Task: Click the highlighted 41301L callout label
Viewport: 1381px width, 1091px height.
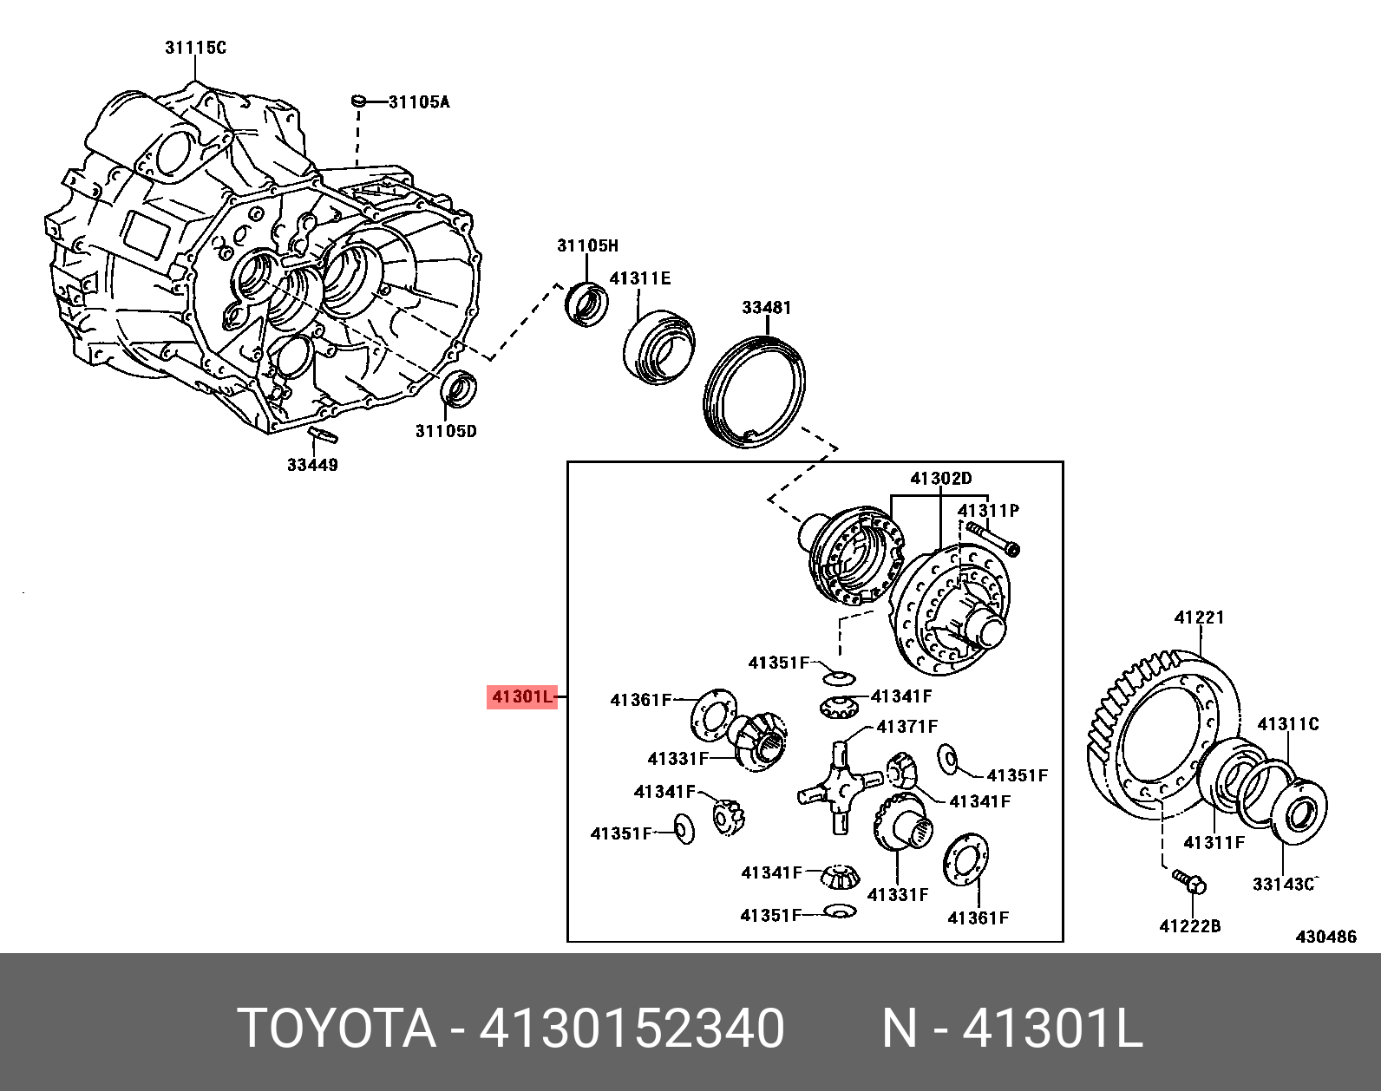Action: (x=521, y=696)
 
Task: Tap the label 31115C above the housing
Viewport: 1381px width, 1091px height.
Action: (x=195, y=48)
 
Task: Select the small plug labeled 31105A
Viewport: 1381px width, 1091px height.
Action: (x=357, y=102)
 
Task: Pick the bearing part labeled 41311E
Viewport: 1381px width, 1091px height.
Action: (x=659, y=344)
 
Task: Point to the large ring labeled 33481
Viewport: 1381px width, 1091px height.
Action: (x=754, y=392)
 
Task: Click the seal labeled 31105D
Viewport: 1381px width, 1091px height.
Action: (x=459, y=388)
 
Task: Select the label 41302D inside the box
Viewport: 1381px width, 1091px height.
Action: (x=940, y=479)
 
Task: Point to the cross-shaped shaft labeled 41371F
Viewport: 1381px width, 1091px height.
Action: (x=834, y=785)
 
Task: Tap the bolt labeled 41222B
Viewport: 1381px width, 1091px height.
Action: (x=1189, y=881)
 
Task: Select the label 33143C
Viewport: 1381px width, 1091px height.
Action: (x=1284, y=884)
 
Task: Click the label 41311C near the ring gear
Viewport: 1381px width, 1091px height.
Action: (x=1287, y=723)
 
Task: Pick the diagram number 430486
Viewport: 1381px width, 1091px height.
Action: (x=1325, y=937)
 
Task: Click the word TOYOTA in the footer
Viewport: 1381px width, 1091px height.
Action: (x=336, y=1029)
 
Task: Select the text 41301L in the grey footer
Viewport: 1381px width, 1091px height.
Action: (x=1053, y=1029)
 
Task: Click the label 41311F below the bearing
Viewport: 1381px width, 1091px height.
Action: (x=1214, y=841)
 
